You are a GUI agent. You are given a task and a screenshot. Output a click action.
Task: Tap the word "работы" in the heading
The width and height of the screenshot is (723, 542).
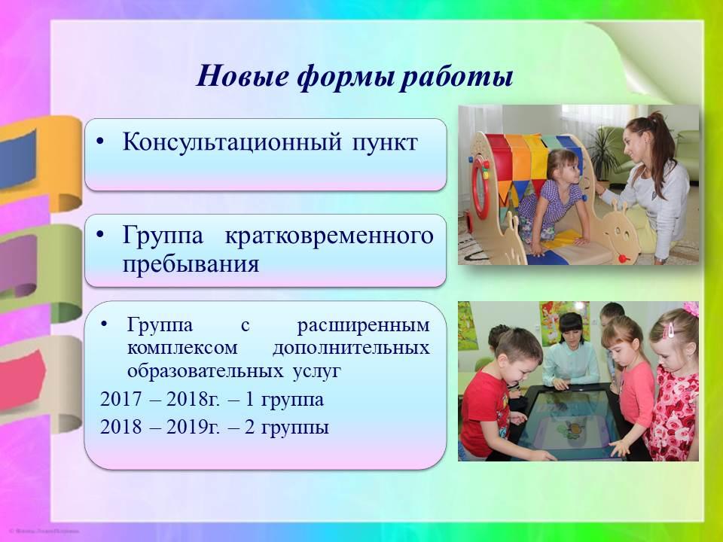pyautogui.click(x=456, y=77)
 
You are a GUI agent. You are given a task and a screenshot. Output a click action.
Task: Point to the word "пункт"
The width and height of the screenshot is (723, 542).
pyautogui.click(x=385, y=143)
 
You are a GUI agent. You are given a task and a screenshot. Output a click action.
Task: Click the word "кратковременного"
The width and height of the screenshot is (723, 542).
pyautogui.click(x=329, y=236)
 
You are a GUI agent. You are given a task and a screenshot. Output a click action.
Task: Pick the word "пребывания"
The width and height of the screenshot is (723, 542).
pyautogui.click(x=191, y=264)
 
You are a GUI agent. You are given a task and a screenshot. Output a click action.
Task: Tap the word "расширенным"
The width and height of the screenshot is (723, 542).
pyautogui.click(x=363, y=326)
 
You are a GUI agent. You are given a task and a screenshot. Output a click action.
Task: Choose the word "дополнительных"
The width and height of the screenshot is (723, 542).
pyautogui.click(x=351, y=349)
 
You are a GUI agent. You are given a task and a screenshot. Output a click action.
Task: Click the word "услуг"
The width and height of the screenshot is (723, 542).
pyautogui.click(x=317, y=371)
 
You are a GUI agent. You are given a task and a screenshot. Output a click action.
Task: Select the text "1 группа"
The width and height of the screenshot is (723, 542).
pyautogui.click(x=284, y=400)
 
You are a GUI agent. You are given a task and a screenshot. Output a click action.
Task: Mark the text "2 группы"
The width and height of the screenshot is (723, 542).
pyautogui.click(x=287, y=428)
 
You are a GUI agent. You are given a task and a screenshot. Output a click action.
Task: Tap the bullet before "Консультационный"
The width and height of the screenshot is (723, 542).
pyautogui.click(x=100, y=142)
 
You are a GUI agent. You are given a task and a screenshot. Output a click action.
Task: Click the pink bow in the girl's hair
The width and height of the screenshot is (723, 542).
pyautogui.click(x=691, y=309)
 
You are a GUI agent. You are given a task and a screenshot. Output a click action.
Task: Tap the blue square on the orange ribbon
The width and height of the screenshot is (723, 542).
pyautogui.click(x=17, y=160)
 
